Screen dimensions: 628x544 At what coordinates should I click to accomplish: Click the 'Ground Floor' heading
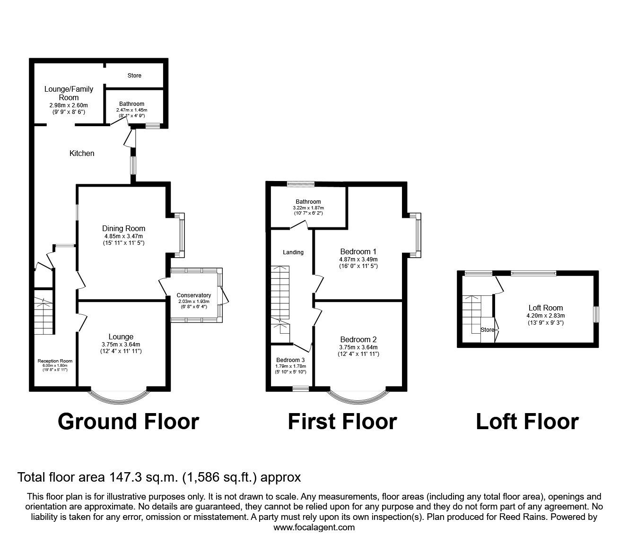[128, 422]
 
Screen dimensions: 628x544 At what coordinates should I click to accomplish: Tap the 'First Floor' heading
[342, 422]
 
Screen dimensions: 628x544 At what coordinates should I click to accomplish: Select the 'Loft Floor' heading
[527, 422]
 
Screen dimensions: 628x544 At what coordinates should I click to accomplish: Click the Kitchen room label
[82, 154]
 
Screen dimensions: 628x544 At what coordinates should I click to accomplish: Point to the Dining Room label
[123, 228]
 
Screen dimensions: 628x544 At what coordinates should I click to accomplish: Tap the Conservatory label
[194, 295]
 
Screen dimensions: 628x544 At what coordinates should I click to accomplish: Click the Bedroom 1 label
[358, 251]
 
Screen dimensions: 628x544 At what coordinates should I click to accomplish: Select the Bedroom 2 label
[358, 339]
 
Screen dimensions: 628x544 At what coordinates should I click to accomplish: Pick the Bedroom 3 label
[290, 360]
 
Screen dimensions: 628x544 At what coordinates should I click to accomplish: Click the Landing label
[293, 252]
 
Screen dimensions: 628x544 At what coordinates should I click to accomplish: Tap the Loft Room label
[546, 308]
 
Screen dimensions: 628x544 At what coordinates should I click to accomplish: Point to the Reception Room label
[55, 361]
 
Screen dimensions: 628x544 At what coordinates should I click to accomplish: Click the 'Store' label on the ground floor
[134, 75]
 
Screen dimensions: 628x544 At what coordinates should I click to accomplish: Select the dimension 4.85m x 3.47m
[123, 236]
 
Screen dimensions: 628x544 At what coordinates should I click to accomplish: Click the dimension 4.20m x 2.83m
[546, 316]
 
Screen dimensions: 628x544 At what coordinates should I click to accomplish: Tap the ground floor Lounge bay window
[119, 403]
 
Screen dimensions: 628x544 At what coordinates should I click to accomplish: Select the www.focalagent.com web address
[314, 527]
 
